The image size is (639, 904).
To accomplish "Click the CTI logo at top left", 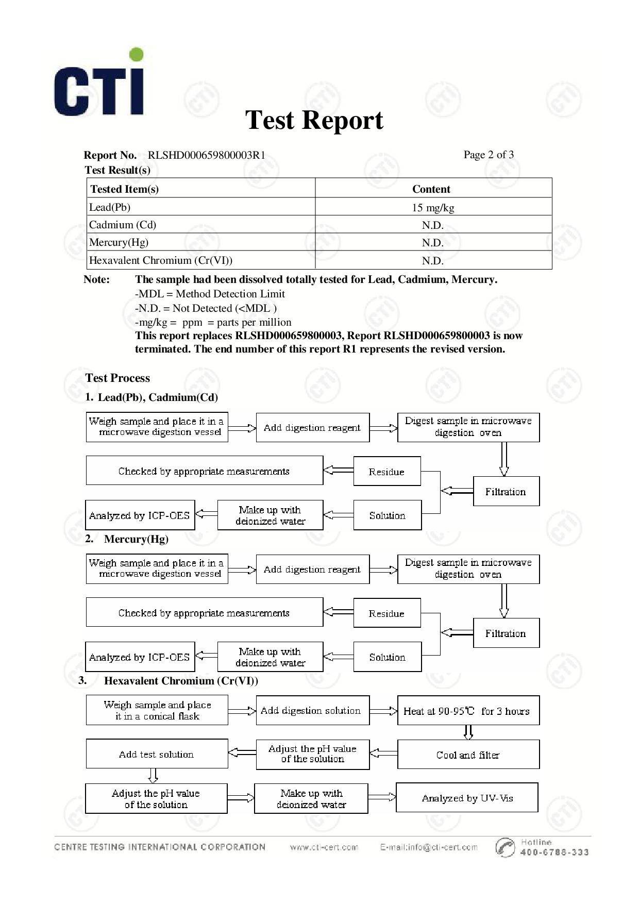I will point(99,82).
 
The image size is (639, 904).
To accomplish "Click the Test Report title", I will point(314,120).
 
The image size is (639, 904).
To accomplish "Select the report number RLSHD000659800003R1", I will point(206,155).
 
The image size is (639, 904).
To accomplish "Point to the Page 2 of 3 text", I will point(488,155).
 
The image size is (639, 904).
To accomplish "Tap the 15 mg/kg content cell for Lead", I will point(433,208).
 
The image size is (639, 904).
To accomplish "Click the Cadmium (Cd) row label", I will point(123,225).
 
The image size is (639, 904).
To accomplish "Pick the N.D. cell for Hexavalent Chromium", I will point(433,261).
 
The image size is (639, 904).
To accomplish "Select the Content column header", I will point(431,189).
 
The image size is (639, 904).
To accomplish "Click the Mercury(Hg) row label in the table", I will point(119,242).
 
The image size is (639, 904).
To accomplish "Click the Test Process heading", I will point(117,378).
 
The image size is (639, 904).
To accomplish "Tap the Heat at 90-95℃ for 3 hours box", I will point(468,711).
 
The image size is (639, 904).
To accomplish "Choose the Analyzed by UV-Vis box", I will point(467,798).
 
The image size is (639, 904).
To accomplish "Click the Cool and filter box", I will point(468,755).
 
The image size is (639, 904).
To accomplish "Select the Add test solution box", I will point(157,754).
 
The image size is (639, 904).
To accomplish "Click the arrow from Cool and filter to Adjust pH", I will point(383,754).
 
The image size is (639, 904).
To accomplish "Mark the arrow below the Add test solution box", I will point(153,776).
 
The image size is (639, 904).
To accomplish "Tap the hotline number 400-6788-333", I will point(554,852).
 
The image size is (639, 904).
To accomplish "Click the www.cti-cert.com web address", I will point(324,847).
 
